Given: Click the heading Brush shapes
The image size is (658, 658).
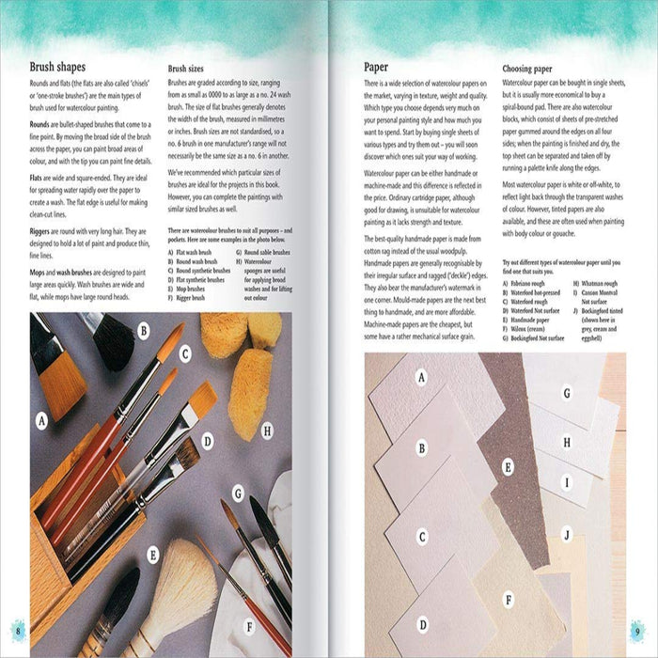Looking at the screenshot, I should tap(57, 67).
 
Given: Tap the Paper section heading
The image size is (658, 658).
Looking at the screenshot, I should tap(383, 67).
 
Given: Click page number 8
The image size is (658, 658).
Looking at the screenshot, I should tap(17, 629).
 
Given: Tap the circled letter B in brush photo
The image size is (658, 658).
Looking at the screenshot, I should tap(144, 330).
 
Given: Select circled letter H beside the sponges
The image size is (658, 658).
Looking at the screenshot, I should tap(267, 431).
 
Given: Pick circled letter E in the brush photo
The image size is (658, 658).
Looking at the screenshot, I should tap(151, 556).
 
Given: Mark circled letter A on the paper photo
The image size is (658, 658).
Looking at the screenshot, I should tap(421, 378).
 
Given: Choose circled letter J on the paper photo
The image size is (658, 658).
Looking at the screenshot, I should tap(566, 534).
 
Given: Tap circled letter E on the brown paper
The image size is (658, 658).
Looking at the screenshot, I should tap(508, 465).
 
